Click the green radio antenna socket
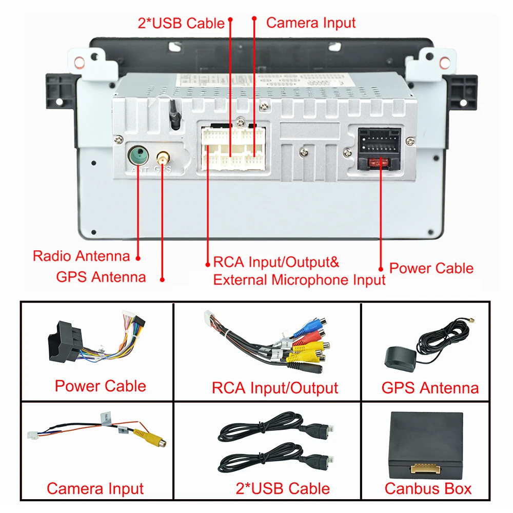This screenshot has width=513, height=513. click(137, 154)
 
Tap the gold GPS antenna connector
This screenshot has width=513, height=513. click(163, 155)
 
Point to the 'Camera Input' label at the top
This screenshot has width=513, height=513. click(311, 23)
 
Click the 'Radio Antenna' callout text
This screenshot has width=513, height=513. click(81, 256)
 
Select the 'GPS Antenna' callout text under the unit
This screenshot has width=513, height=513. click(101, 277)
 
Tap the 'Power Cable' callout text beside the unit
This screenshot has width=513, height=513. click(431, 268)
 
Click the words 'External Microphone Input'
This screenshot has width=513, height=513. click(299, 280)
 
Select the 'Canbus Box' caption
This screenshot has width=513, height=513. click(428, 488)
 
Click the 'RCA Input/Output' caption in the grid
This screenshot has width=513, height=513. click(275, 388)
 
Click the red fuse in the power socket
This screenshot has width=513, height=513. click(380, 164)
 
